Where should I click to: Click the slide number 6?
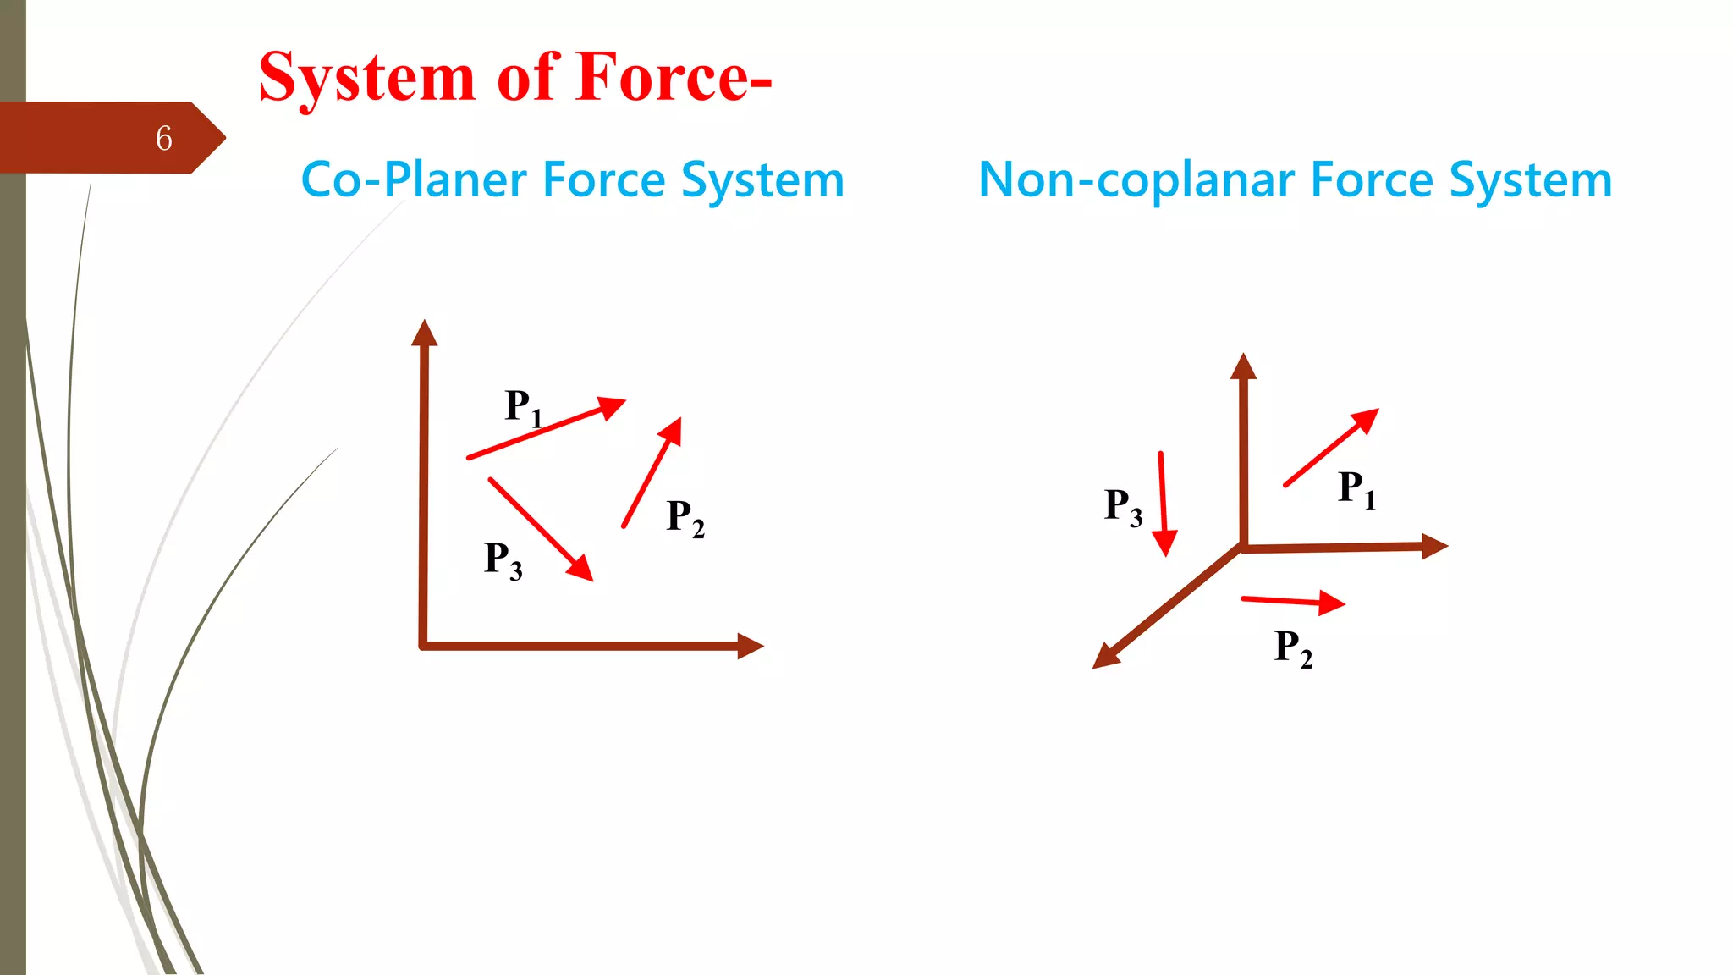point(164,138)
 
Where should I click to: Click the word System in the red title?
point(366,78)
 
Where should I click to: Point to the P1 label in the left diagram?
point(523,407)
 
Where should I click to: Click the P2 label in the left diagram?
point(685,517)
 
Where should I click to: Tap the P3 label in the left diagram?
point(503,559)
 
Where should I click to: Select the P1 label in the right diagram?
point(1356,488)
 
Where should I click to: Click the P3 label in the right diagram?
point(1123,506)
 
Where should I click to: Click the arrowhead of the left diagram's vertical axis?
point(424,333)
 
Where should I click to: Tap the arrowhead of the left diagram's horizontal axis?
point(750,646)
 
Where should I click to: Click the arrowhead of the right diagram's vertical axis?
point(1243,366)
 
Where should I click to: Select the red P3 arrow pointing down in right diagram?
point(1164,504)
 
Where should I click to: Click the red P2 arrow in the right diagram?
point(1292,602)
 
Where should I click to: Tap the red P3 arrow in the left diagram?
point(541,530)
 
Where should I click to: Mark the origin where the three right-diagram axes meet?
point(1242,548)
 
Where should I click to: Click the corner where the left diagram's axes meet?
point(423,646)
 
